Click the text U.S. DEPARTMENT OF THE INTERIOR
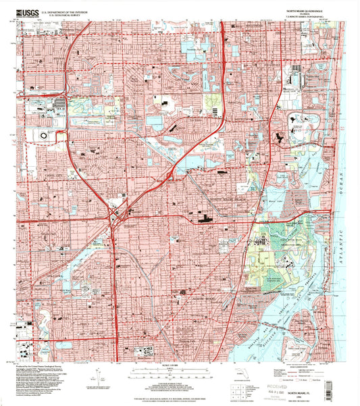click(67, 11)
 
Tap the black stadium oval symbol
click(43, 135)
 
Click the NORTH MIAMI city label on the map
click(203, 298)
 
